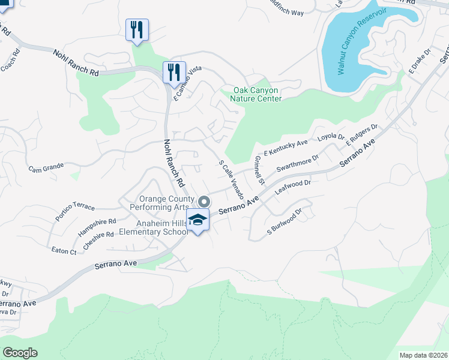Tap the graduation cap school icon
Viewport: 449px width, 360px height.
click(197, 221)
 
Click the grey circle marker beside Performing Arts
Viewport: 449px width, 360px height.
click(204, 202)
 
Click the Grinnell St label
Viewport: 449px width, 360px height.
click(259, 170)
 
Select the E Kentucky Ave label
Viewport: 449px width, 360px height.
click(286, 147)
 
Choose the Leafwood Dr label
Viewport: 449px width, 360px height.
click(292, 187)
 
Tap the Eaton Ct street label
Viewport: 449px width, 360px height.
click(64, 251)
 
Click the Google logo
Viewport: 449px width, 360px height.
click(20, 353)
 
